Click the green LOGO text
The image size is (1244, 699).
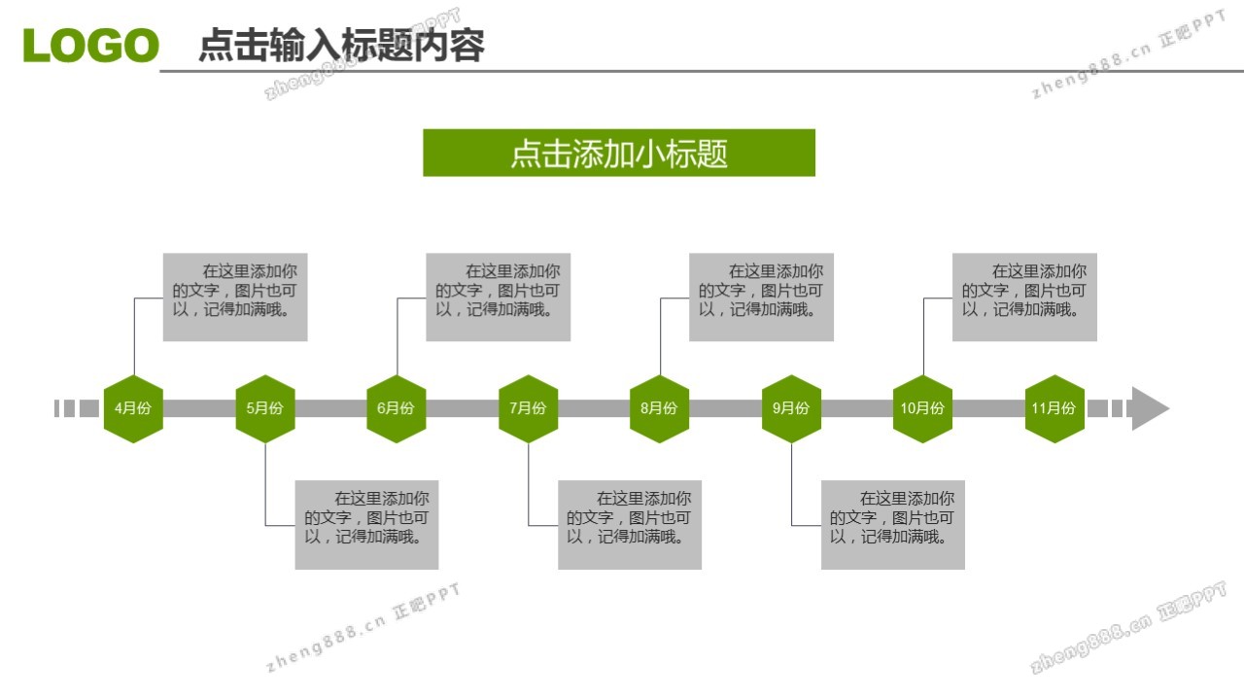tap(90, 46)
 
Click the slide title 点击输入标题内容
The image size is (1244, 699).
tap(341, 46)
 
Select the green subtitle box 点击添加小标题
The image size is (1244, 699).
tap(619, 154)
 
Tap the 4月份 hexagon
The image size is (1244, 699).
tap(133, 408)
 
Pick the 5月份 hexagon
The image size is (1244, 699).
tap(264, 408)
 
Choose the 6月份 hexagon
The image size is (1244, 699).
tap(396, 408)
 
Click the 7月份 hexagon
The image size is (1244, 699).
tap(528, 408)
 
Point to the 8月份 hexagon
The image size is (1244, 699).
tap(659, 408)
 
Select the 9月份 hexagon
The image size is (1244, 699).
tap(791, 408)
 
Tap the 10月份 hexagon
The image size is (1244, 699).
tap(922, 408)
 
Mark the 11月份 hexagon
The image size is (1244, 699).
tap(1054, 408)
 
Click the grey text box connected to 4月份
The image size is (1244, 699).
tap(235, 297)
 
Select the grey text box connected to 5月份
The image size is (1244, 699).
tap(366, 525)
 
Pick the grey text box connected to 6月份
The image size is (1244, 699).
tap(499, 297)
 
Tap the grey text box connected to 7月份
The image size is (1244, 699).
tap(630, 525)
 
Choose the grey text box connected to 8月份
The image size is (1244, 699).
tap(761, 297)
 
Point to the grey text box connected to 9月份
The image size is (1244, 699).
tap(893, 525)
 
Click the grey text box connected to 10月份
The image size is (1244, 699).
tap(1024, 297)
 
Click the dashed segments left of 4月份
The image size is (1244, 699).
tap(76, 408)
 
